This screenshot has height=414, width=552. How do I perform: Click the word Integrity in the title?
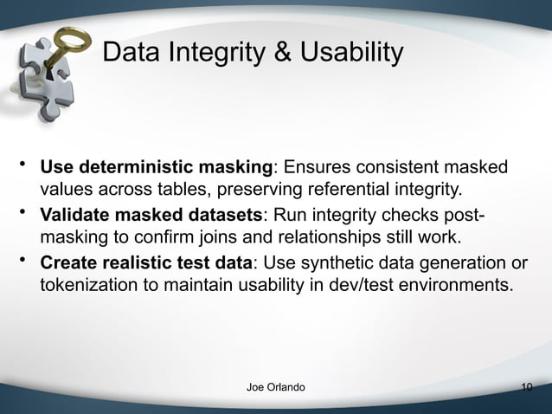click(x=226, y=53)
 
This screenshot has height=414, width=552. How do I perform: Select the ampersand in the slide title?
click(x=283, y=53)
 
